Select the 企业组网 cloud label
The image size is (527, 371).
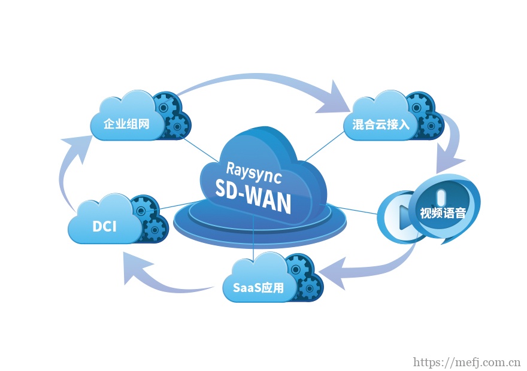(126, 124)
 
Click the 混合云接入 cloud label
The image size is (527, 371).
(380, 124)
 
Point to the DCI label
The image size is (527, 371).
(104, 227)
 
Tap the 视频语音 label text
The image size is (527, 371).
(443, 213)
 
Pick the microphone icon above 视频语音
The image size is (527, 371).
(442, 196)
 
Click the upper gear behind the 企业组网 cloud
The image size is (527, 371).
(166, 105)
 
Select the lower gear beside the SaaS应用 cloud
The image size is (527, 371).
(311, 288)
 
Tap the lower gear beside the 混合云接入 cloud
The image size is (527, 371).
(431, 126)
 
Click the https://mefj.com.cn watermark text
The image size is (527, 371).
(467, 362)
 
